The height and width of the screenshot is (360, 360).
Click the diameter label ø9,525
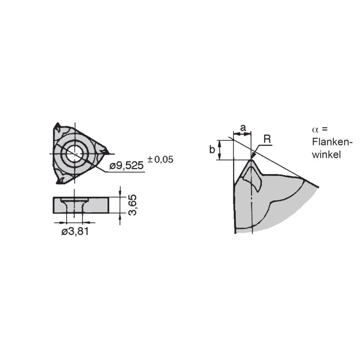click(x=126, y=165)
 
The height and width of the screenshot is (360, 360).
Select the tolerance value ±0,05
click(x=160, y=159)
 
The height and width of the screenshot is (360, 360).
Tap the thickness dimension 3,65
click(x=132, y=205)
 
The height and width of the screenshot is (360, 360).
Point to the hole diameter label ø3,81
click(x=75, y=231)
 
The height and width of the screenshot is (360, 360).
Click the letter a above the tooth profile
click(x=243, y=127)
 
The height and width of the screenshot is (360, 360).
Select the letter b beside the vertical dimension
click(x=212, y=149)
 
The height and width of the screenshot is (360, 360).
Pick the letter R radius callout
click(x=267, y=139)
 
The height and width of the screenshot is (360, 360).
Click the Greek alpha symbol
click(x=315, y=130)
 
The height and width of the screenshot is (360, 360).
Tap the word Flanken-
click(x=332, y=142)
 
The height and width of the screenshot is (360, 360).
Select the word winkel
click(x=326, y=154)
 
